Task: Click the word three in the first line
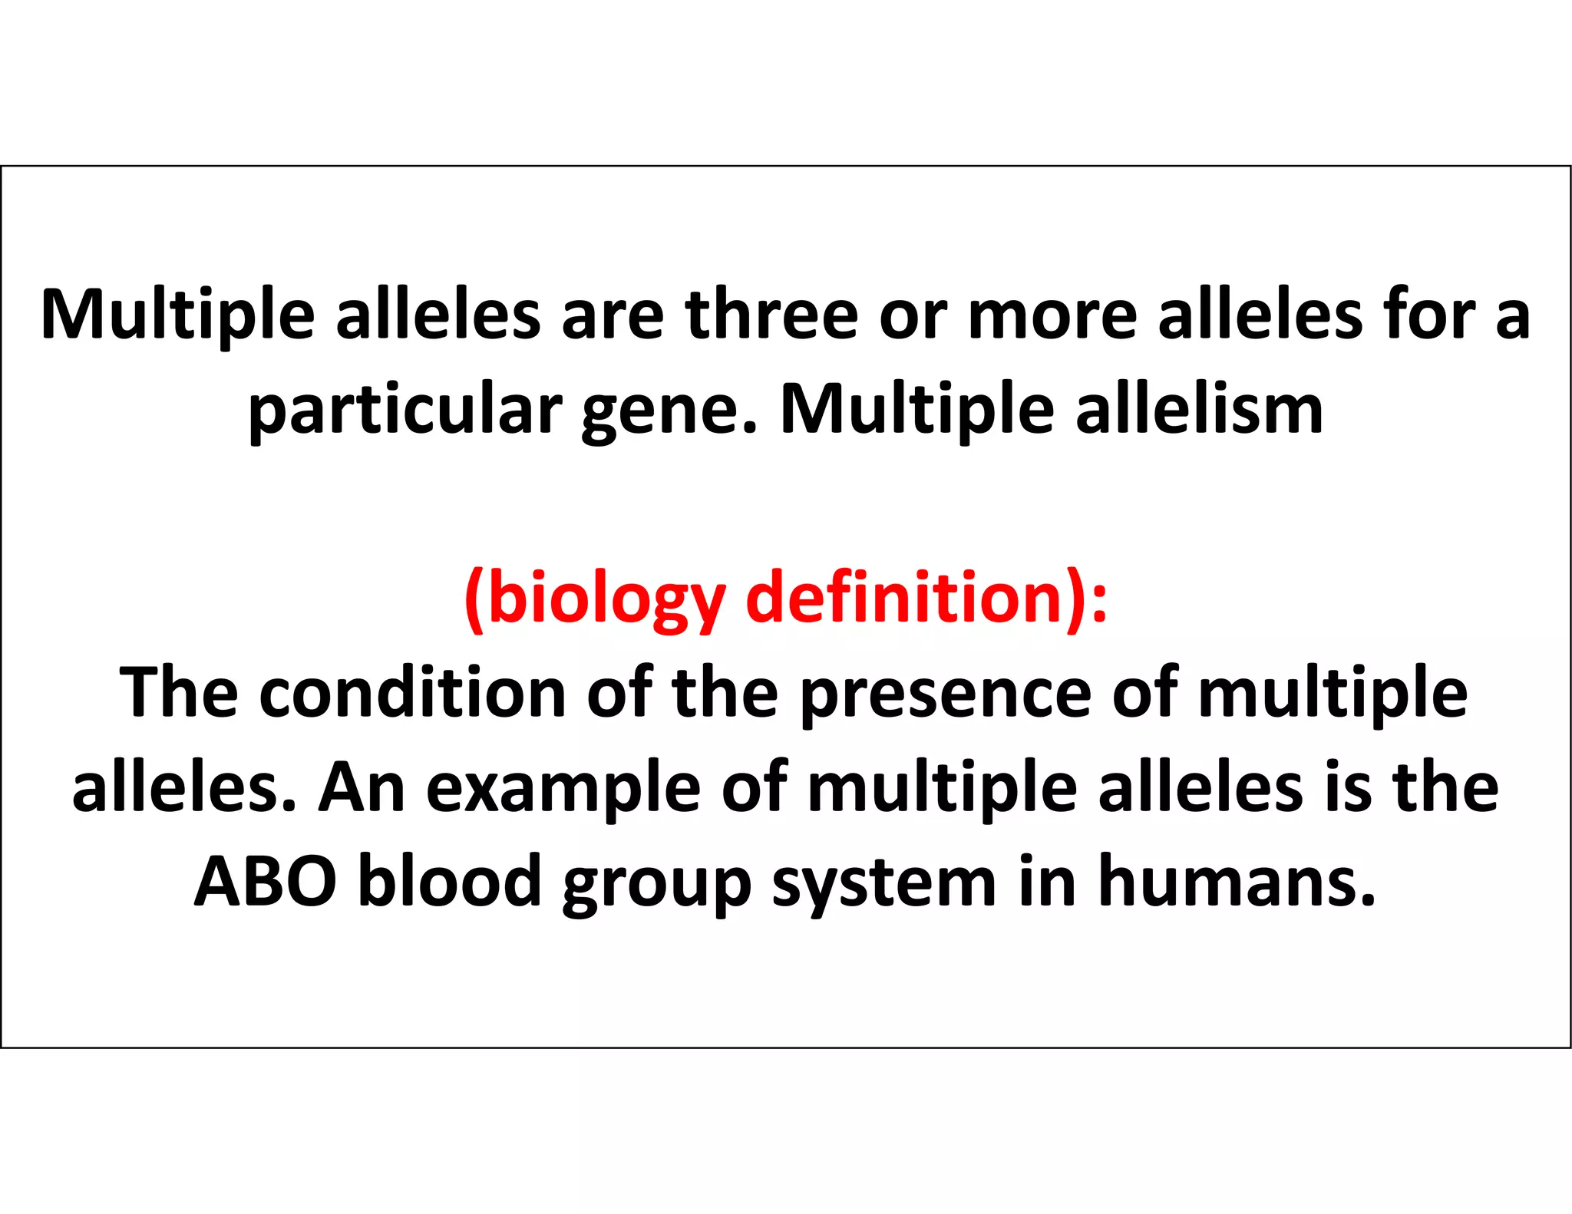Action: pos(771,315)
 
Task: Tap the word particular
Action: pos(405,411)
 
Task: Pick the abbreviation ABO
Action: pos(266,882)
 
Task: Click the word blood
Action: pos(451,882)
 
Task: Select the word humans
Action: pos(1237,882)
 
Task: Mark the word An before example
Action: pos(362,788)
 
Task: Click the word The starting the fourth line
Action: pos(179,692)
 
